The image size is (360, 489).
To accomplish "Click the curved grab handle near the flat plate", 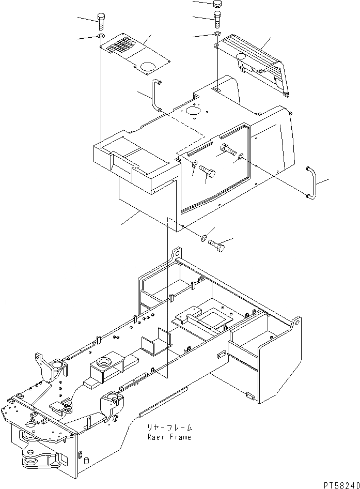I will click(x=156, y=95).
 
